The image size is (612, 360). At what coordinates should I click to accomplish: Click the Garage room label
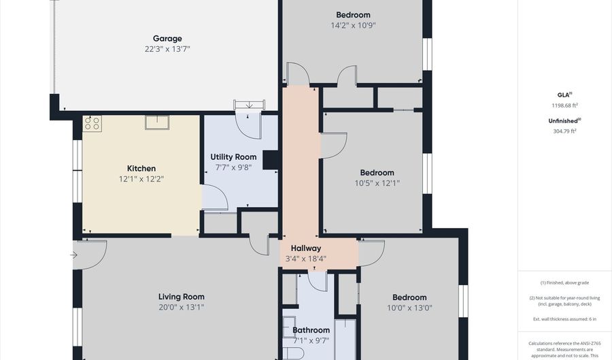(x=167, y=39)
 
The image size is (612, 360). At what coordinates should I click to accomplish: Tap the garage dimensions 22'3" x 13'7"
(x=167, y=49)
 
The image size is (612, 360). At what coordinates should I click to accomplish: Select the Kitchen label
(x=141, y=169)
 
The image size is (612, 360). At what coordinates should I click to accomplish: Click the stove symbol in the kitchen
(x=92, y=124)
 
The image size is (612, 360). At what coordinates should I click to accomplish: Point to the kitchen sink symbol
(x=157, y=122)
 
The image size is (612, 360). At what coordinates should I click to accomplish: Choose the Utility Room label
(x=233, y=157)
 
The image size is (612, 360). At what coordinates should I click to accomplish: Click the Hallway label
(x=306, y=248)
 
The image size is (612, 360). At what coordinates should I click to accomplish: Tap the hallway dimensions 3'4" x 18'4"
(x=306, y=259)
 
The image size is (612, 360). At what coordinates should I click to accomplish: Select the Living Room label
(x=182, y=297)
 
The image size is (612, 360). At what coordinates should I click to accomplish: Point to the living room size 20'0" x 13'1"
(x=182, y=307)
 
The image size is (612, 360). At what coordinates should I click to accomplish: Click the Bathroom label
(x=311, y=331)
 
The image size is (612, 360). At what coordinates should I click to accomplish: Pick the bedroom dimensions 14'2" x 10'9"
(x=353, y=25)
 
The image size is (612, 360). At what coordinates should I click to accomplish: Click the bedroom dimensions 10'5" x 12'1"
(x=377, y=183)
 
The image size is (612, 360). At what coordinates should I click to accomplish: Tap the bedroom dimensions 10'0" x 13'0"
(x=409, y=308)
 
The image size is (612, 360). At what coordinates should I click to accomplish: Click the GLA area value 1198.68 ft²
(x=564, y=105)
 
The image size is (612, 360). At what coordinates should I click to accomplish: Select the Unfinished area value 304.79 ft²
(x=564, y=131)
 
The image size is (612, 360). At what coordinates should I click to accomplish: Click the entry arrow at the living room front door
(x=73, y=256)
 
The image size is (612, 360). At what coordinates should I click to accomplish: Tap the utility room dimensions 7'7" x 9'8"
(x=233, y=167)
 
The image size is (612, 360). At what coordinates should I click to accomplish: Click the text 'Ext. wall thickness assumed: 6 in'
(x=564, y=319)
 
